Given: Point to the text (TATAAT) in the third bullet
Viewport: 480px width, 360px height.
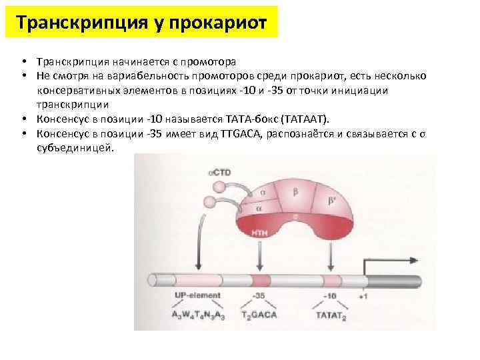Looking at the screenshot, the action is [306, 119].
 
